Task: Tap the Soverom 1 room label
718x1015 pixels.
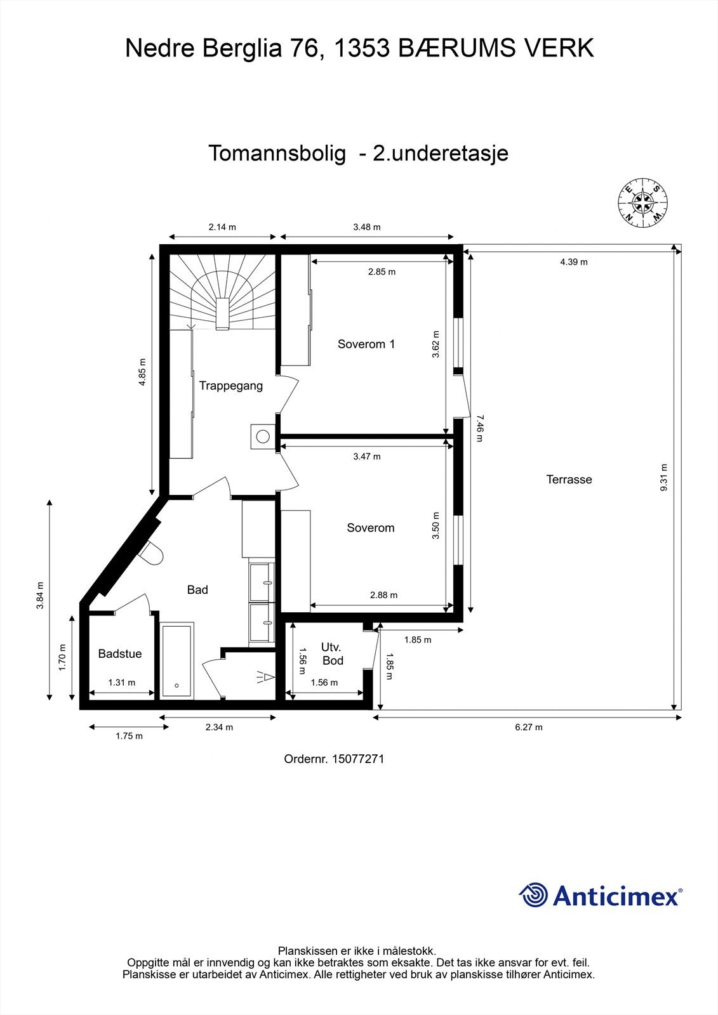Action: coord(366,344)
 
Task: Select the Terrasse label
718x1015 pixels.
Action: coord(569,480)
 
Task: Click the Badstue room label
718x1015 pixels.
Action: coord(120,654)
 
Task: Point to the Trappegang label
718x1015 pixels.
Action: coord(231,386)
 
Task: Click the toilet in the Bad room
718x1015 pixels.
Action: coord(151,553)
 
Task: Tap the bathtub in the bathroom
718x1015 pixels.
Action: coord(176,660)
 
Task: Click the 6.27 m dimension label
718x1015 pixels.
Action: coord(528,728)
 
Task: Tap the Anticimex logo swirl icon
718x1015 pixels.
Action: coord(534,895)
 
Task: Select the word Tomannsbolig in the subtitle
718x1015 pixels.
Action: coord(277,154)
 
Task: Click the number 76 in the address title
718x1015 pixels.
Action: coord(302,48)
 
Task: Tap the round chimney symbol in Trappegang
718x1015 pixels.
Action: coord(262,436)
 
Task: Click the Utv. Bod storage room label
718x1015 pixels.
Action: coord(332,654)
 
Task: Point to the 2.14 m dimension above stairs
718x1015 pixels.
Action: coord(222,227)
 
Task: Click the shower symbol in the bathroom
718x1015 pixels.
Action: coord(265,677)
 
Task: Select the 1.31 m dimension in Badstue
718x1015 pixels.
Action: coord(122,683)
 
